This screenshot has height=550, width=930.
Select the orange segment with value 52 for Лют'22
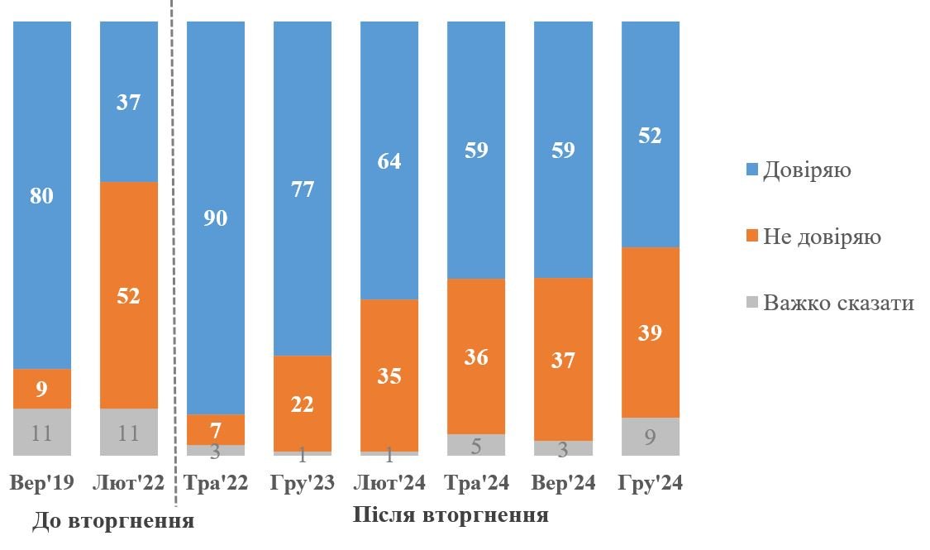click(x=129, y=294)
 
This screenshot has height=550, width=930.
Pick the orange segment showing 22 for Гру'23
click(x=303, y=403)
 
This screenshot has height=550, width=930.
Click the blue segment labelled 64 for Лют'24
click(x=389, y=160)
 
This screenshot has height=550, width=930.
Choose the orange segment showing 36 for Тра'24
click(x=476, y=356)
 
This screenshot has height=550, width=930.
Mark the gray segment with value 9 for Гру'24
click(x=650, y=436)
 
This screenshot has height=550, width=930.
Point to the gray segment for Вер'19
click(x=42, y=431)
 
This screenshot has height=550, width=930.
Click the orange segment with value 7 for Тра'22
click(x=216, y=429)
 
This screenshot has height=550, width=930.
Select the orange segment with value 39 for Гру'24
click(x=650, y=332)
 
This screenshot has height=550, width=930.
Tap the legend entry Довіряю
click(x=806, y=170)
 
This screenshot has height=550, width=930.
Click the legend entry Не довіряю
click(x=821, y=237)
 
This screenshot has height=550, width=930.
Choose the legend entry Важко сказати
click(x=837, y=303)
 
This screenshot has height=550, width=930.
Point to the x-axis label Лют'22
click(x=129, y=483)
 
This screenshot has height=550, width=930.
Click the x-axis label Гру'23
click(x=303, y=483)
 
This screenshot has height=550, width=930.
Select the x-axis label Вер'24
click(x=563, y=483)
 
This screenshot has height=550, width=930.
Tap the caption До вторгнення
click(x=113, y=522)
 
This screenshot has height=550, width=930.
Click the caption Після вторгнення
click(x=451, y=515)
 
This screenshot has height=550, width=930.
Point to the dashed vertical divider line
click(x=174, y=248)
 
